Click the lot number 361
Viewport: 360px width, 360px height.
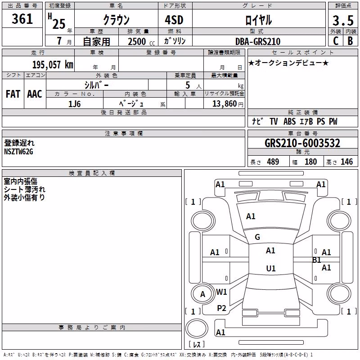coord(22,19)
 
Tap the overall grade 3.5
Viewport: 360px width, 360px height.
coord(343,20)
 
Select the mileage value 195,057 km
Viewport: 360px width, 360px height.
coord(53,64)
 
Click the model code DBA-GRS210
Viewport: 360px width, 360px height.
coord(258,41)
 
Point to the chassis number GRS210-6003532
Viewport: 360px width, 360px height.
coord(302,143)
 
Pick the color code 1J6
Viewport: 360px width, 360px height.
coord(74,104)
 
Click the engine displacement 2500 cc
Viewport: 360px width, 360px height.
coord(141,41)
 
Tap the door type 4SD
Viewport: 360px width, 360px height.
coord(174,20)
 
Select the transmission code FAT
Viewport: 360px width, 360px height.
coord(13,94)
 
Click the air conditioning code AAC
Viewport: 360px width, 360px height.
coord(35,94)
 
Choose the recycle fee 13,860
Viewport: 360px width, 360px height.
coord(225,104)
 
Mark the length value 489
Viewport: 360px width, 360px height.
coord(273,162)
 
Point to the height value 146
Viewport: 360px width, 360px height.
coord(346,162)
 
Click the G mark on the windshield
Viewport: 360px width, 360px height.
coord(257,237)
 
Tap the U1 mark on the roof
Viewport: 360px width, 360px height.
coord(271,268)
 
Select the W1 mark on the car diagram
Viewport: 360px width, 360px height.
coord(221,292)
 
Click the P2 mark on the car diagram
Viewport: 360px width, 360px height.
coord(221,308)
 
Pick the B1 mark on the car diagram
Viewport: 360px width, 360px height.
coord(317,260)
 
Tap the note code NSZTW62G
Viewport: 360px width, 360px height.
coord(18,152)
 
